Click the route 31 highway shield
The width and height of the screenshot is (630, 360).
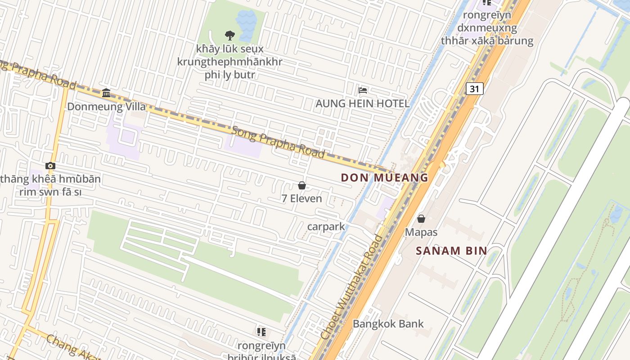tap(474, 89)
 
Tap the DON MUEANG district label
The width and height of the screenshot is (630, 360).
tap(384, 178)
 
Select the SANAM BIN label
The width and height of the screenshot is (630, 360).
tap(451, 251)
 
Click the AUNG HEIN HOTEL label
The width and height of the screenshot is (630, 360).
tap(362, 103)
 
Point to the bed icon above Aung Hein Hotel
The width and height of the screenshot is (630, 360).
tap(363, 90)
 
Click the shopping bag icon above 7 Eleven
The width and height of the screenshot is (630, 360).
tap(302, 185)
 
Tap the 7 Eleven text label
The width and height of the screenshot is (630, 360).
tap(302, 198)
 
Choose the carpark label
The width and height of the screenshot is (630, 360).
tap(326, 226)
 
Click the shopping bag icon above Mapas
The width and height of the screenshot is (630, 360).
tap(421, 219)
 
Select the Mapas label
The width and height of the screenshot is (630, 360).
tap(421, 232)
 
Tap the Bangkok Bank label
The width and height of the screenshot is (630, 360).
tap(388, 324)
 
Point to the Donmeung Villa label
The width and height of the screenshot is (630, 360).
tap(107, 107)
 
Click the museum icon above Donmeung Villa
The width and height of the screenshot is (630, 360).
tap(106, 93)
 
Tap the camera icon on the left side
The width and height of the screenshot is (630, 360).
tap(50, 166)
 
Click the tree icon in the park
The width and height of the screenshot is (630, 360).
tap(229, 35)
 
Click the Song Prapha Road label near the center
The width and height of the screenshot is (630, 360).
tap(278, 142)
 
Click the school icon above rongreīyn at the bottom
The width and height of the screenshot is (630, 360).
tap(261, 332)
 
